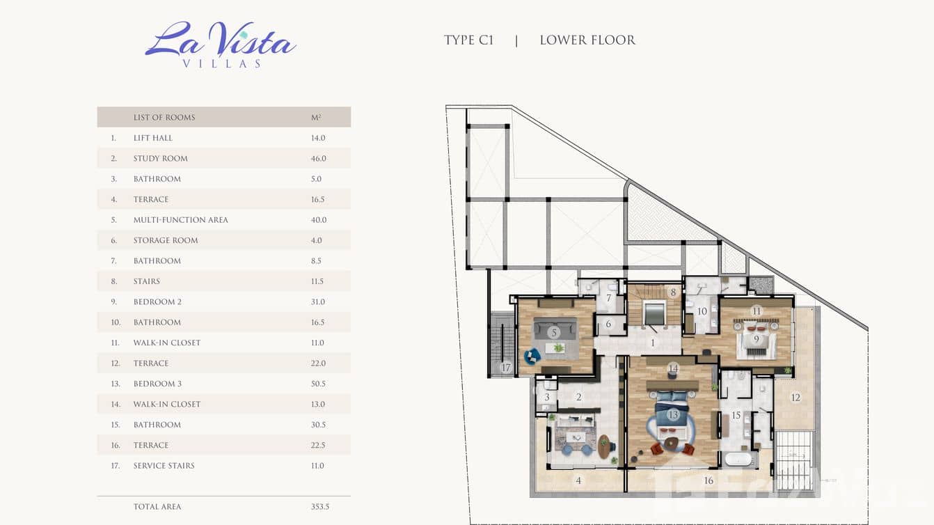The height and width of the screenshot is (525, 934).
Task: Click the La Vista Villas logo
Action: (x=221, y=45)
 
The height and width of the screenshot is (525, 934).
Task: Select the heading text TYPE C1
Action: (x=468, y=40)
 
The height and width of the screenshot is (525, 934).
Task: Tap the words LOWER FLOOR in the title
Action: (x=587, y=40)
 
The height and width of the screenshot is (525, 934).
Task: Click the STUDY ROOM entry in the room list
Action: (x=161, y=159)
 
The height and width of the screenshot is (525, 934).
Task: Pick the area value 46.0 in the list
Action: (x=319, y=159)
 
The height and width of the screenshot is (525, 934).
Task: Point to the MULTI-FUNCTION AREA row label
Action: (x=180, y=220)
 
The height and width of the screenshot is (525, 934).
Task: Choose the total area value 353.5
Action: (x=320, y=507)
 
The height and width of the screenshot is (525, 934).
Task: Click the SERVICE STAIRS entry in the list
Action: (x=164, y=466)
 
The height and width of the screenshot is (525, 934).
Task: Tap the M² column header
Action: (x=316, y=118)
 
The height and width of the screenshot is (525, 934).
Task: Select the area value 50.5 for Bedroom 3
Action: (x=318, y=384)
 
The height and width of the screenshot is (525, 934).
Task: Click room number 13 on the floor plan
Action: (x=673, y=415)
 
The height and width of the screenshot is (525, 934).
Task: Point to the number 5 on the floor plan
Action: (x=554, y=333)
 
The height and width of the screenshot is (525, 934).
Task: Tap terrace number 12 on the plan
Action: (x=796, y=398)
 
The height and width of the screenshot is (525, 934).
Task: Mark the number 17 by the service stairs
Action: (x=506, y=368)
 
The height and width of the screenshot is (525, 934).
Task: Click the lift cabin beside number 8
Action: (x=654, y=313)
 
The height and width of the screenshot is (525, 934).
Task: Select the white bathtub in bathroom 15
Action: (x=738, y=459)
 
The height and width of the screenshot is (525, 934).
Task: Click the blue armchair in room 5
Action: (x=532, y=356)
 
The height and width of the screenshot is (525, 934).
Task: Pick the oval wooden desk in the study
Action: (x=604, y=446)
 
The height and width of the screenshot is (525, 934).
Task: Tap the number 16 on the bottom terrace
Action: (x=709, y=481)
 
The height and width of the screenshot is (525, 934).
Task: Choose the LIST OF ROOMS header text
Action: (x=164, y=118)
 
